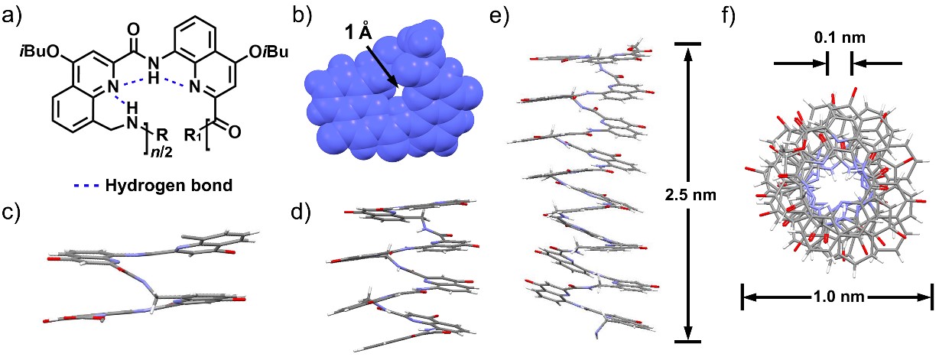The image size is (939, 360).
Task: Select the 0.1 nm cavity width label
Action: [840, 38]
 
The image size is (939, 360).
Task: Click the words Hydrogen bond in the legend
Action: [169, 185]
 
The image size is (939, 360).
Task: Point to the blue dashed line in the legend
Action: [86, 185]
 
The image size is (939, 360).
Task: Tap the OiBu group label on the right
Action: [268, 52]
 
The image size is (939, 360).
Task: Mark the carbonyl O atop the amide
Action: [133, 31]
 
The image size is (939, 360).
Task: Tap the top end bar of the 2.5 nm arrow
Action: [687, 44]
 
